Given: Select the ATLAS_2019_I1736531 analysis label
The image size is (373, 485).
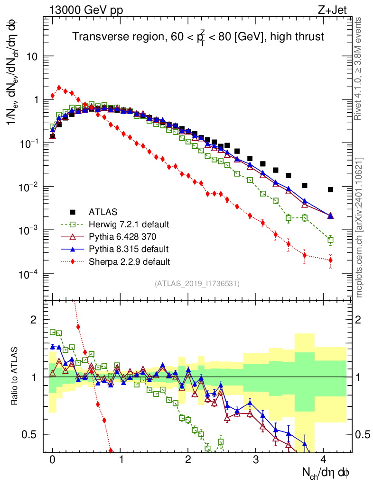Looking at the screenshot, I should (x=197, y=284).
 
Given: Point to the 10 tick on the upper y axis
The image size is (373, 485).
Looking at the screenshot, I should (x=33, y=56).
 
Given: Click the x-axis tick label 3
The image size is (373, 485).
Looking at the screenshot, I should (x=256, y=460).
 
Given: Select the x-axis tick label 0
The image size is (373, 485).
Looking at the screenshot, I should (x=53, y=460).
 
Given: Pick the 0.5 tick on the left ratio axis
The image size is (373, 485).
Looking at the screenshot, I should (x=30, y=434).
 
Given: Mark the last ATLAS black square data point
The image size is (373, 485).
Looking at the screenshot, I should (x=330, y=190).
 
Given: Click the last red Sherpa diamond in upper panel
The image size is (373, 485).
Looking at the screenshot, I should (x=330, y=260).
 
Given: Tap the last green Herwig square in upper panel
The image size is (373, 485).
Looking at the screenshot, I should (x=330, y=240).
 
